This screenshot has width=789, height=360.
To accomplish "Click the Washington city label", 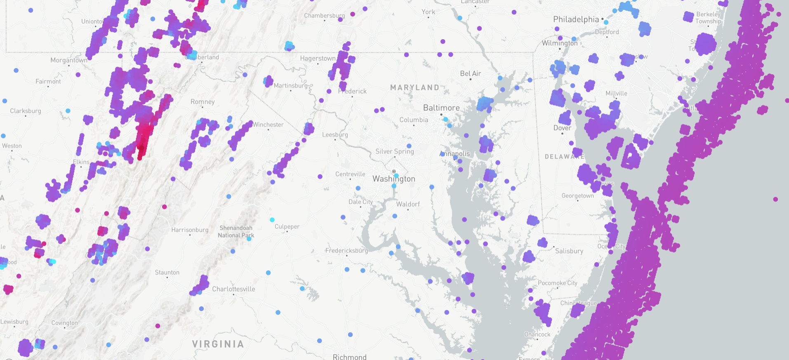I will (x=393, y=179).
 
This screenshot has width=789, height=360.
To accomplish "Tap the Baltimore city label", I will (x=441, y=108).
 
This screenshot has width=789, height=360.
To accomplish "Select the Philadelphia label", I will (x=576, y=19).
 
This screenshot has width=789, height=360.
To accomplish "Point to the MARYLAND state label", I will (x=415, y=87).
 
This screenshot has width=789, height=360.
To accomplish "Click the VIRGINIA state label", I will (x=218, y=344).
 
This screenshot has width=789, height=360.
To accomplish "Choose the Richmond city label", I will (x=349, y=357).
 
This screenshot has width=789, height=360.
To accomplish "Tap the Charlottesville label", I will (x=233, y=289).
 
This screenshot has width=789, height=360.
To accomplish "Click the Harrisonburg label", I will (x=190, y=230).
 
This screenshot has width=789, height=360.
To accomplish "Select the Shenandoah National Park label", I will (x=236, y=231).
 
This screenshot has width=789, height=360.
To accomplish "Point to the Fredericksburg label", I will (x=346, y=250).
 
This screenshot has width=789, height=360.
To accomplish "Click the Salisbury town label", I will (x=569, y=251).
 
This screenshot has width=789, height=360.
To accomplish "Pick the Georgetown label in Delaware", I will (x=577, y=195).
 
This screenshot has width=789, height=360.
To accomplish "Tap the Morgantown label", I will (x=69, y=60).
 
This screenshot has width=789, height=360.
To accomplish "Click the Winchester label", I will (x=268, y=125).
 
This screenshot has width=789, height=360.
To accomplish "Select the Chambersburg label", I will (x=324, y=16).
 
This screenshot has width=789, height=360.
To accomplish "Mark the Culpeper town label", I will (x=287, y=226).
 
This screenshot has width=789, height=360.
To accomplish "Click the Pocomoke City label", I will (x=557, y=283).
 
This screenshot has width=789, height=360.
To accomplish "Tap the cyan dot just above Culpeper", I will (x=272, y=220).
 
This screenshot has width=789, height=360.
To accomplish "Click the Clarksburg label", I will (x=26, y=111).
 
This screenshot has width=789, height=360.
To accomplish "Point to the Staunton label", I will (x=167, y=272).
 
